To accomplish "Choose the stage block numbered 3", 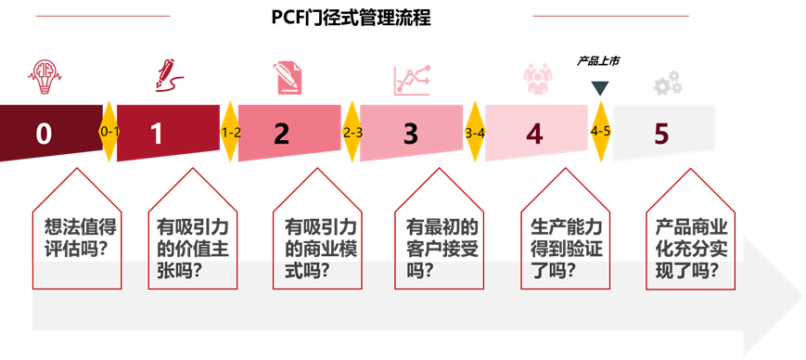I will click(x=410, y=134).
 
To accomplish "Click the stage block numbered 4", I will click(x=535, y=133).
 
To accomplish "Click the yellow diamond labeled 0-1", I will click(x=109, y=132).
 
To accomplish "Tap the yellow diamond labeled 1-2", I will click(x=230, y=133).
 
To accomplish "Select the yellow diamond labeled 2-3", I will click(x=352, y=133).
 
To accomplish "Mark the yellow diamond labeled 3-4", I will click(x=475, y=133).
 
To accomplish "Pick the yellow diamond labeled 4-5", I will click(x=600, y=131).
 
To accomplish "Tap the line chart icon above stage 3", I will click(x=412, y=80).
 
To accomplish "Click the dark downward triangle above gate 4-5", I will click(x=599, y=89).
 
